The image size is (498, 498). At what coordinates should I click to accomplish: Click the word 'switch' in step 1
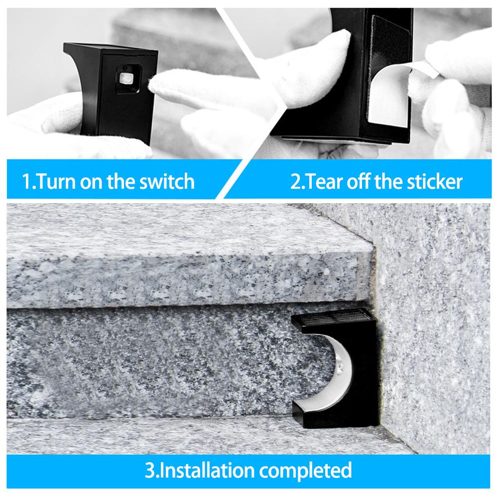[164, 181]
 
